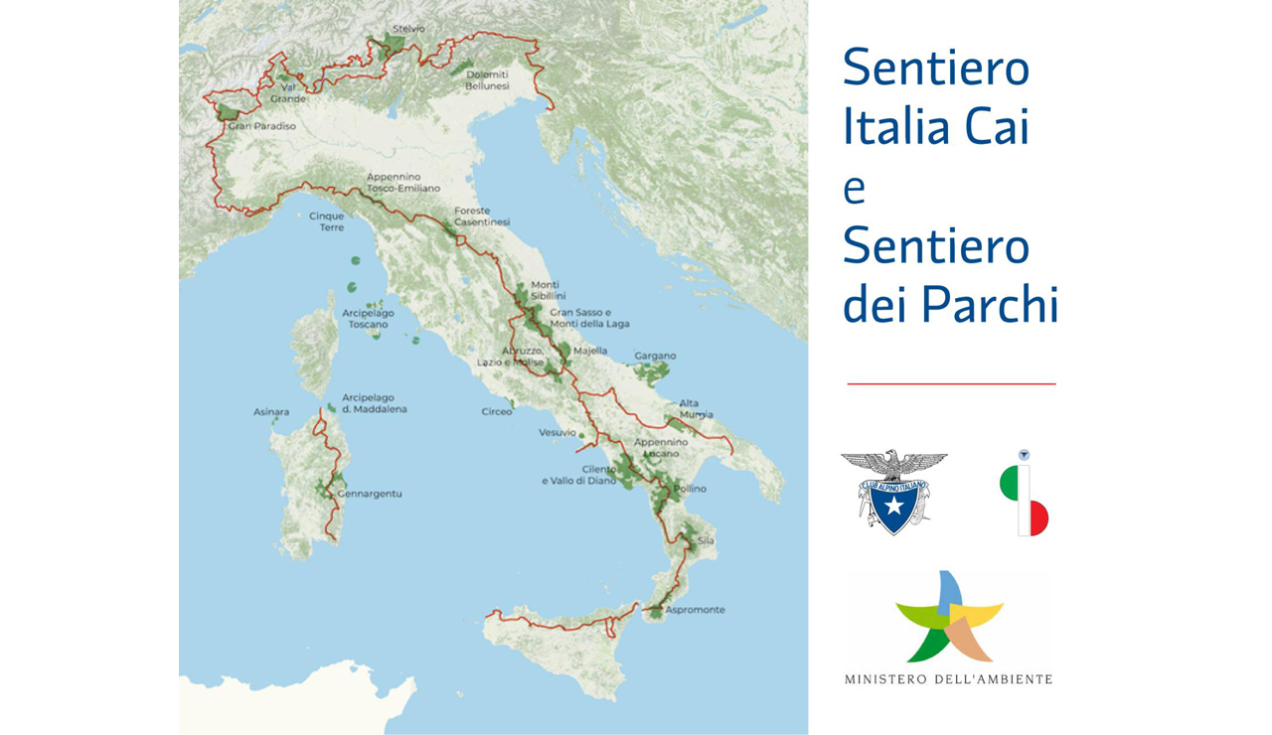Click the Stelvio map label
click(x=408, y=29)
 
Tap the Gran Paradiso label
click(x=261, y=126)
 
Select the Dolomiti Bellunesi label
click(x=487, y=80)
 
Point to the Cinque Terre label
click(x=327, y=221)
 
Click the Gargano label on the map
click(x=655, y=356)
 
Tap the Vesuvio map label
click(x=556, y=432)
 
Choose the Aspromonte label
click(x=695, y=610)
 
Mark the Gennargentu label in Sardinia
click(x=370, y=494)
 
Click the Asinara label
click(x=271, y=411)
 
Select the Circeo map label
click(x=497, y=411)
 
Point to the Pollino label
click(x=690, y=490)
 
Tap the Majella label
click(x=590, y=351)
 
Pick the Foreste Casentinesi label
click(x=482, y=217)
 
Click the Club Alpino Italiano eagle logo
click(x=893, y=492)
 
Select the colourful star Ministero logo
click(x=949, y=617)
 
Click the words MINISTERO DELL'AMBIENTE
click(x=948, y=679)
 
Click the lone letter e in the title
click(x=854, y=189)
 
